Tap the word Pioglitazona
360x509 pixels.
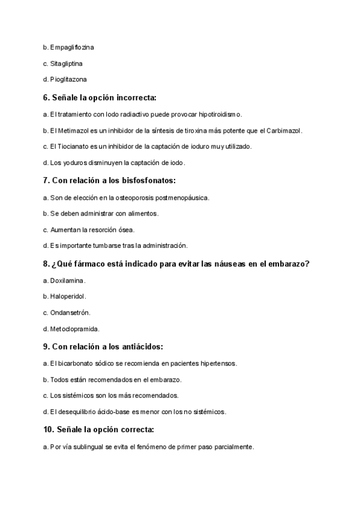[x=69, y=79]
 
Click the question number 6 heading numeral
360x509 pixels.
[x=46, y=97]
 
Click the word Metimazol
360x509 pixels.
[x=74, y=130]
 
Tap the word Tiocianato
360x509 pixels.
[x=74, y=146]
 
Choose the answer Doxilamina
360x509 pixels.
[x=68, y=280]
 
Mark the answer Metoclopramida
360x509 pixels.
[x=75, y=329]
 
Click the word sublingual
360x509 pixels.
[x=92, y=447]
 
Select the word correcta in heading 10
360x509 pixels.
[x=135, y=430]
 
